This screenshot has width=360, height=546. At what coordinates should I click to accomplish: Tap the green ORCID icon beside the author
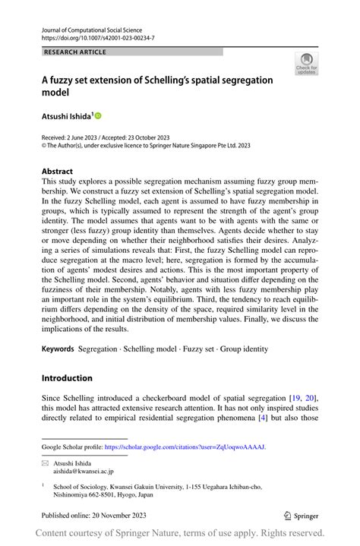click(97, 116)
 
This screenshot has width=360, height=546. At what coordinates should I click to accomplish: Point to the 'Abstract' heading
click(57, 172)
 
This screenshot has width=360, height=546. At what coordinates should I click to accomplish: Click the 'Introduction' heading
click(67, 378)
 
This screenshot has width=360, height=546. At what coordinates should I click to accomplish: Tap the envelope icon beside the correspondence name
click(45, 462)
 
